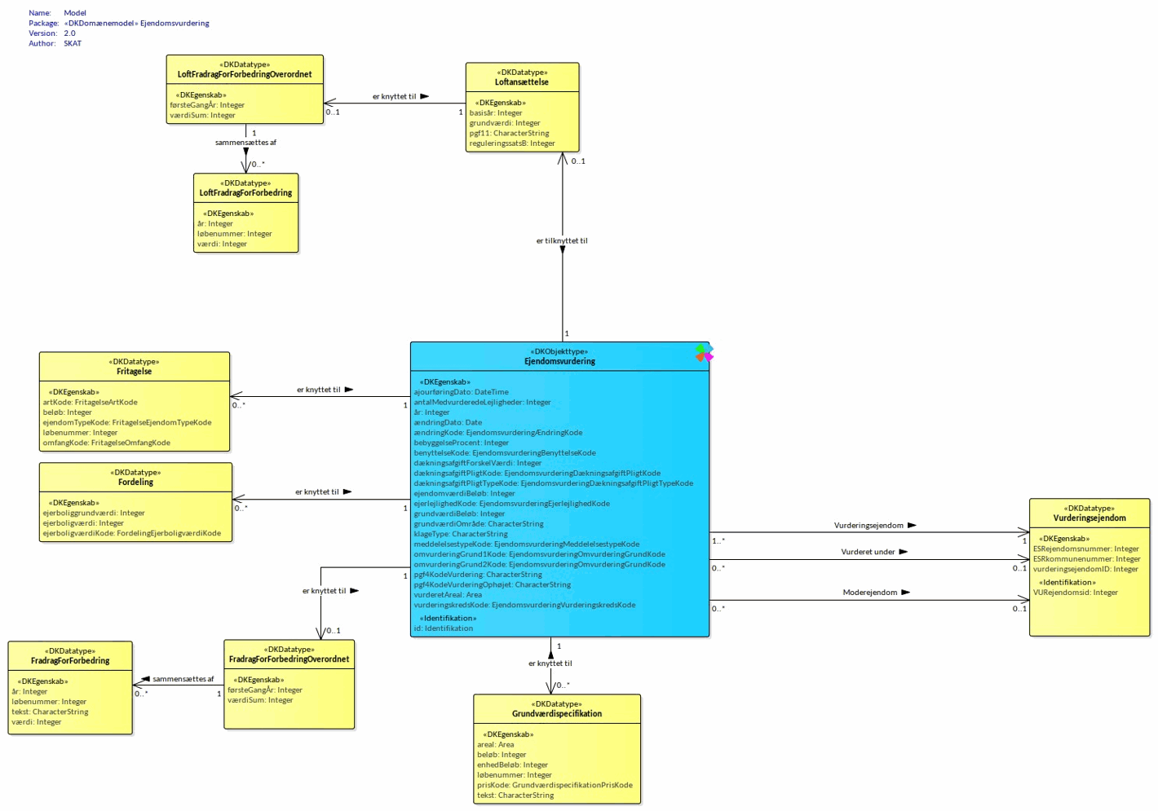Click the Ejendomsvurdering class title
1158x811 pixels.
559,361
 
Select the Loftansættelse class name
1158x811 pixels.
522,82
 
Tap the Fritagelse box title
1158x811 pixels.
135,372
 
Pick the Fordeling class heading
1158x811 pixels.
135,483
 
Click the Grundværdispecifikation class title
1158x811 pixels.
557,714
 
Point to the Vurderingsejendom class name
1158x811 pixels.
1089,518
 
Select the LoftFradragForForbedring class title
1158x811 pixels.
245,193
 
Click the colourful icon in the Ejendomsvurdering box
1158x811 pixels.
704,352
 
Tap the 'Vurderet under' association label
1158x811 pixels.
868,552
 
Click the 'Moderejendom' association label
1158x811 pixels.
869,593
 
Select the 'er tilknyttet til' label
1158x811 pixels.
562,240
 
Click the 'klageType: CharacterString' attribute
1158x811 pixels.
460,534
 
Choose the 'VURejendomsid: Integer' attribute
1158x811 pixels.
1075,593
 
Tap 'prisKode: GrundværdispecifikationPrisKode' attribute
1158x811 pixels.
555,785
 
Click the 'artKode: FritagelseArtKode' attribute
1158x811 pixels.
90,402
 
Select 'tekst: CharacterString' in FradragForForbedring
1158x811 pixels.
50,712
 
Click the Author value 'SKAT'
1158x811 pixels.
73,43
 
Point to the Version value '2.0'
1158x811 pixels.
69,33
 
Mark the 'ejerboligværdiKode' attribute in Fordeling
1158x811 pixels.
131,533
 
